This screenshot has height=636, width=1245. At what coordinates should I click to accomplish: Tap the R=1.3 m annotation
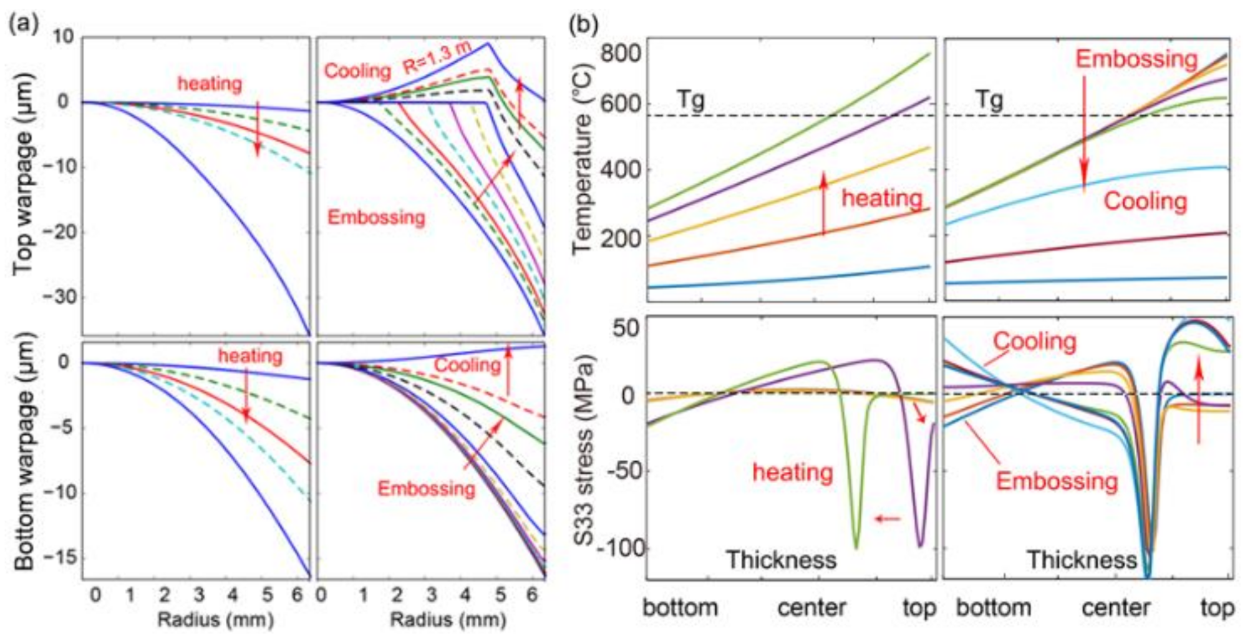(436, 57)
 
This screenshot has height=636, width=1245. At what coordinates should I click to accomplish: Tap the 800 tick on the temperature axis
(620, 53)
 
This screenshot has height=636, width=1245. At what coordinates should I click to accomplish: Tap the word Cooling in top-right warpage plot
(357, 71)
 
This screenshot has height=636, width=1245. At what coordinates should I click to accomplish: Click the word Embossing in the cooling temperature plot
(1136, 59)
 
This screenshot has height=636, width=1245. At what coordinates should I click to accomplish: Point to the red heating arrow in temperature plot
(823, 203)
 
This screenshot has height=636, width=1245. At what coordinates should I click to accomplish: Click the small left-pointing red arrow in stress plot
(888, 518)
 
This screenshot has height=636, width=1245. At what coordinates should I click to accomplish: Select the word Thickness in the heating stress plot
(780, 560)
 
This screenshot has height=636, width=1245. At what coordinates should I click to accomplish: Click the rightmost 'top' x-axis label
(1217, 607)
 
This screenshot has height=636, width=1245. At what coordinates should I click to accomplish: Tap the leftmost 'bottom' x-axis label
(680, 607)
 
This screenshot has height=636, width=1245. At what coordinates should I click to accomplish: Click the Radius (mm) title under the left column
(215, 620)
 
